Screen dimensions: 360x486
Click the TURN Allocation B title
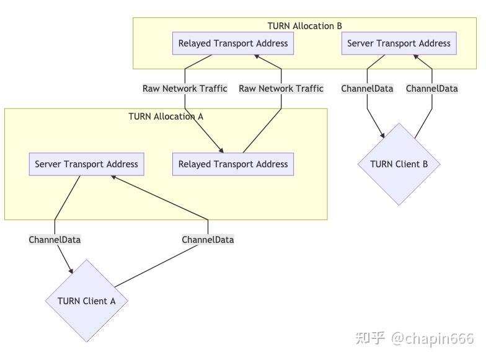pyautogui.click(x=304, y=26)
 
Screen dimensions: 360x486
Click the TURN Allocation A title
pyautogui.click(x=166, y=116)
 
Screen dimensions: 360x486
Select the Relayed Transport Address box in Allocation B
pyautogui.click(x=233, y=43)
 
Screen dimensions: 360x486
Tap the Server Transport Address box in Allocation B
pyautogui.click(x=399, y=43)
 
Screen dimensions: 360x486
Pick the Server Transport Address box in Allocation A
pyautogui.click(x=86, y=164)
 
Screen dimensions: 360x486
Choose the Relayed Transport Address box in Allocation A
pyautogui.click(x=233, y=164)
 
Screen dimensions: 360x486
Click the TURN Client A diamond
pyautogui.click(x=86, y=301)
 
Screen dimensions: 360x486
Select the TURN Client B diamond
pyautogui.click(x=399, y=164)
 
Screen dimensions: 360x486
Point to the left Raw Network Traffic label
pyautogui.click(x=185, y=89)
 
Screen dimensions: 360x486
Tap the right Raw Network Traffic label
pyautogui.click(x=281, y=89)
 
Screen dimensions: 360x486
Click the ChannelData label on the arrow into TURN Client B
pyautogui.click(x=367, y=89)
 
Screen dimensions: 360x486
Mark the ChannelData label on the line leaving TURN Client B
pyautogui.click(x=431, y=89)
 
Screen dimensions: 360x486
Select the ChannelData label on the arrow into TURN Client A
pyautogui.click(x=55, y=239)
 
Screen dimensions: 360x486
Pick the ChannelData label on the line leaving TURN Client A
pyautogui.click(x=208, y=239)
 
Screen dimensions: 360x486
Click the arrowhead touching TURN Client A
pyautogui.click(x=71, y=270)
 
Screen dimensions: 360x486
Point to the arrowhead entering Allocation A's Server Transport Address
pyautogui.click(x=113, y=177)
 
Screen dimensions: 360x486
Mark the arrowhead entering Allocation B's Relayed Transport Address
pyautogui.click(x=257, y=57)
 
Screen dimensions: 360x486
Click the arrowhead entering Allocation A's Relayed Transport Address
pyautogui.click(x=221, y=149)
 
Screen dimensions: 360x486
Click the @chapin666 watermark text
pyautogui.click(x=432, y=338)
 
